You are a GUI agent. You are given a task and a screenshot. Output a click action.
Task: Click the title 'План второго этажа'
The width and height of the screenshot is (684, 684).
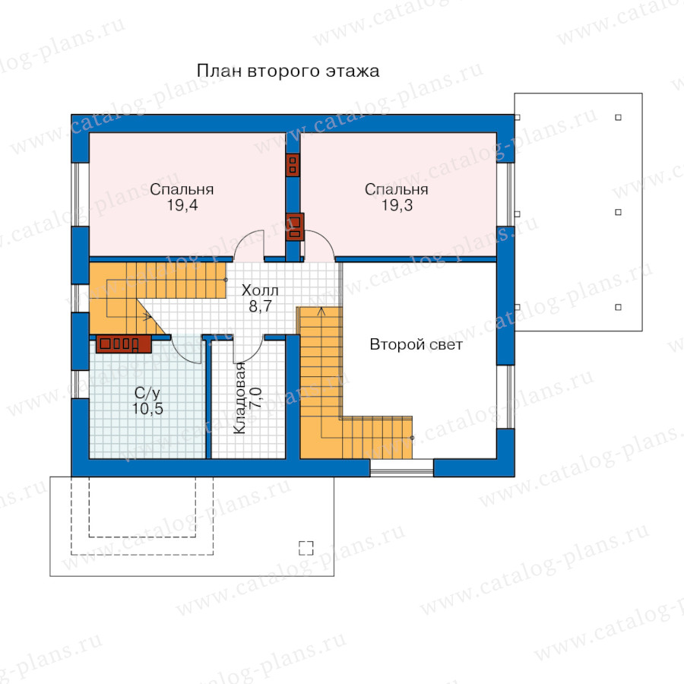point(288,71)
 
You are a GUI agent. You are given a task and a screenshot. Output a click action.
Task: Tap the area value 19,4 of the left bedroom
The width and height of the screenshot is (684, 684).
point(182,205)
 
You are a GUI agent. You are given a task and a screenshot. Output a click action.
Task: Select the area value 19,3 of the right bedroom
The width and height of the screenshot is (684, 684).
point(397,205)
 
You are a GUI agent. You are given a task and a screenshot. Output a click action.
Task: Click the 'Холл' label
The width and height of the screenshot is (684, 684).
point(260,290)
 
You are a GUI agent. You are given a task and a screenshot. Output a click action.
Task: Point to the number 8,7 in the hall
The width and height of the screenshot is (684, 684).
point(260,306)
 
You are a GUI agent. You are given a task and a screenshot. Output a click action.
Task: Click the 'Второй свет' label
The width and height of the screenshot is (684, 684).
point(416,344)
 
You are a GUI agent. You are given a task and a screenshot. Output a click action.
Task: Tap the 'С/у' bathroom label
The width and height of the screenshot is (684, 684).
point(147,394)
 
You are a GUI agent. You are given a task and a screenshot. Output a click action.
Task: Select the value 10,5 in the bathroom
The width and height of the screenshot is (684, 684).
point(147,409)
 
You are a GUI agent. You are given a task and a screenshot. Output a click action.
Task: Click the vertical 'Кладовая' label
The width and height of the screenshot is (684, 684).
point(239,397)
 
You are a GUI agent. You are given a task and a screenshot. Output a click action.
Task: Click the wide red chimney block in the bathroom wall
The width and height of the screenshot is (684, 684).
point(123,344)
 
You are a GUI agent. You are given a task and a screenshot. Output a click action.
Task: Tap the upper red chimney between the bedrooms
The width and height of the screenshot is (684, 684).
point(293,165)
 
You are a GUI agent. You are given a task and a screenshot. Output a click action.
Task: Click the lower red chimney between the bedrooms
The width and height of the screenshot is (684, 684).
point(294,226)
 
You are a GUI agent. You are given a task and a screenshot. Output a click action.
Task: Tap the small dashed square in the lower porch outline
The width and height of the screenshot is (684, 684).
point(306,548)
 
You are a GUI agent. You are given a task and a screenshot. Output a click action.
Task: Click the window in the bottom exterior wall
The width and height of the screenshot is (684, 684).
point(402,467)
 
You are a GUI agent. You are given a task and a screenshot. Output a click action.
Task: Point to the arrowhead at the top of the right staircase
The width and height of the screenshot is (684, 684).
point(321,311)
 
